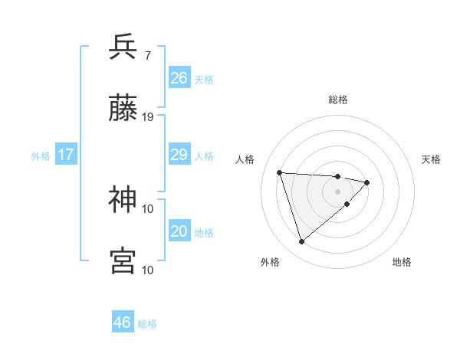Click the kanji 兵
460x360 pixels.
point(123,47)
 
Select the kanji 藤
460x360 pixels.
point(123,110)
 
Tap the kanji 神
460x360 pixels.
point(123,200)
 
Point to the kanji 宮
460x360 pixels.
point(123,261)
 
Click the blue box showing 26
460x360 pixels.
point(179,78)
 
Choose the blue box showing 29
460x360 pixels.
point(179,155)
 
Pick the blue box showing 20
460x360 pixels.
point(179,232)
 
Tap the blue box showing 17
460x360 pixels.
point(65,155)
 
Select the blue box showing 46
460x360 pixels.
point(123,322)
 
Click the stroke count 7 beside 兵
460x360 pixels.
point(147,55)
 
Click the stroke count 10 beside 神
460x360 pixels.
point(148,208)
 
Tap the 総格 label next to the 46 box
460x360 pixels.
point(147,324)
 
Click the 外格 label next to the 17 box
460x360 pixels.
point(41,156)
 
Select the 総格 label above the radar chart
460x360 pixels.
point(338,100)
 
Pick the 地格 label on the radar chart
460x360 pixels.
point(402,262)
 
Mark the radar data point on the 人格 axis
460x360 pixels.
point(280,172)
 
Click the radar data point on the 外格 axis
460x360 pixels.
point(301,242)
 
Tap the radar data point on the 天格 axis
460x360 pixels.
point(367,182)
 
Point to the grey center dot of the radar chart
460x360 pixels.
point(338,191)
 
